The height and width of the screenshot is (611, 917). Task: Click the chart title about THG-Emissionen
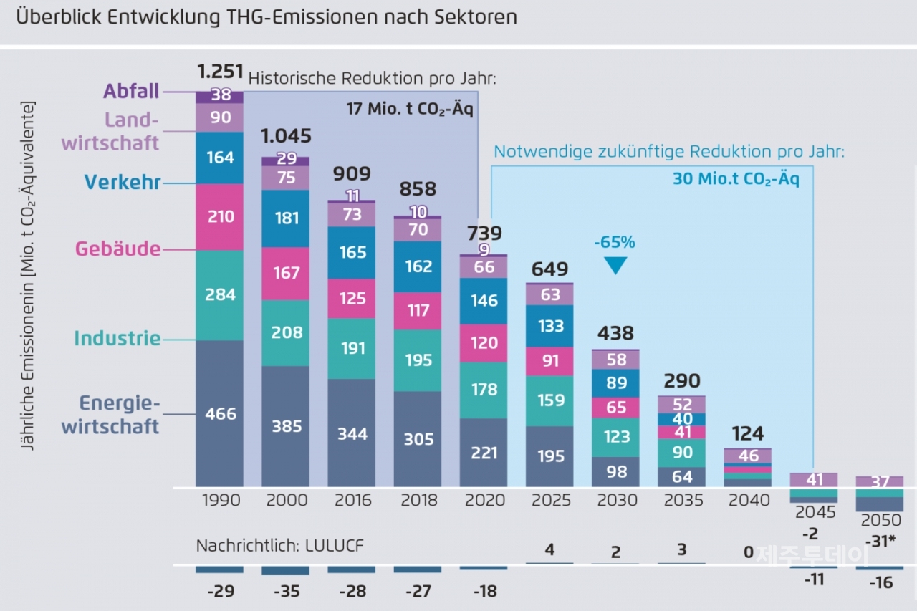pyautogui.click(x=266, y=17)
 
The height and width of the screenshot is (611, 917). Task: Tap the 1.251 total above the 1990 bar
pyautogui.click(x=219, y=72)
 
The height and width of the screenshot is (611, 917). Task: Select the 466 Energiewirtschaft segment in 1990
pyautogui.click(x=220, y=413)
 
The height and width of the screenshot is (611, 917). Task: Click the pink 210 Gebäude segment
pyautogui.click(x=220, y=216)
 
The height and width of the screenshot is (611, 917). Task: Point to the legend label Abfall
pyautogui.click(x=130, y=92)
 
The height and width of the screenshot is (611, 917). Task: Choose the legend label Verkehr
pyautogui.click(x=122, y=182)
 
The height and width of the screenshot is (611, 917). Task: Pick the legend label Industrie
pyautogui.click(x=117, y=338)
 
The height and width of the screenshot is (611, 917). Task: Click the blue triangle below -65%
pyautogui.click(x=615, y=266)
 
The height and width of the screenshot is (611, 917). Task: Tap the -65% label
pyautogui.click(x=615, y=242)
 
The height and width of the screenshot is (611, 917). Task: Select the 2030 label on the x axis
pyautogui.click(x=617, y=500)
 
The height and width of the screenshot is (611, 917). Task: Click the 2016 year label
pyautogui.click(x=352, y=500)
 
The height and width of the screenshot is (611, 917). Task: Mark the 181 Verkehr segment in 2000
pyautogui.click(x=286, y=218)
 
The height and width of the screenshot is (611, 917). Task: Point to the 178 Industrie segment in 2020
pyautogui.click(x=484, y=389)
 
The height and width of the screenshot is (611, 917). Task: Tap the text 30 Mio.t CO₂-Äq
pyautogui.click(x=735, y=179)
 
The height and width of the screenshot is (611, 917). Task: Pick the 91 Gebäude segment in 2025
pyautogui.click(x=550, y=361)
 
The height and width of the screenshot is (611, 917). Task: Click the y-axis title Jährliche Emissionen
pyautogui.click(x=27, y=275)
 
